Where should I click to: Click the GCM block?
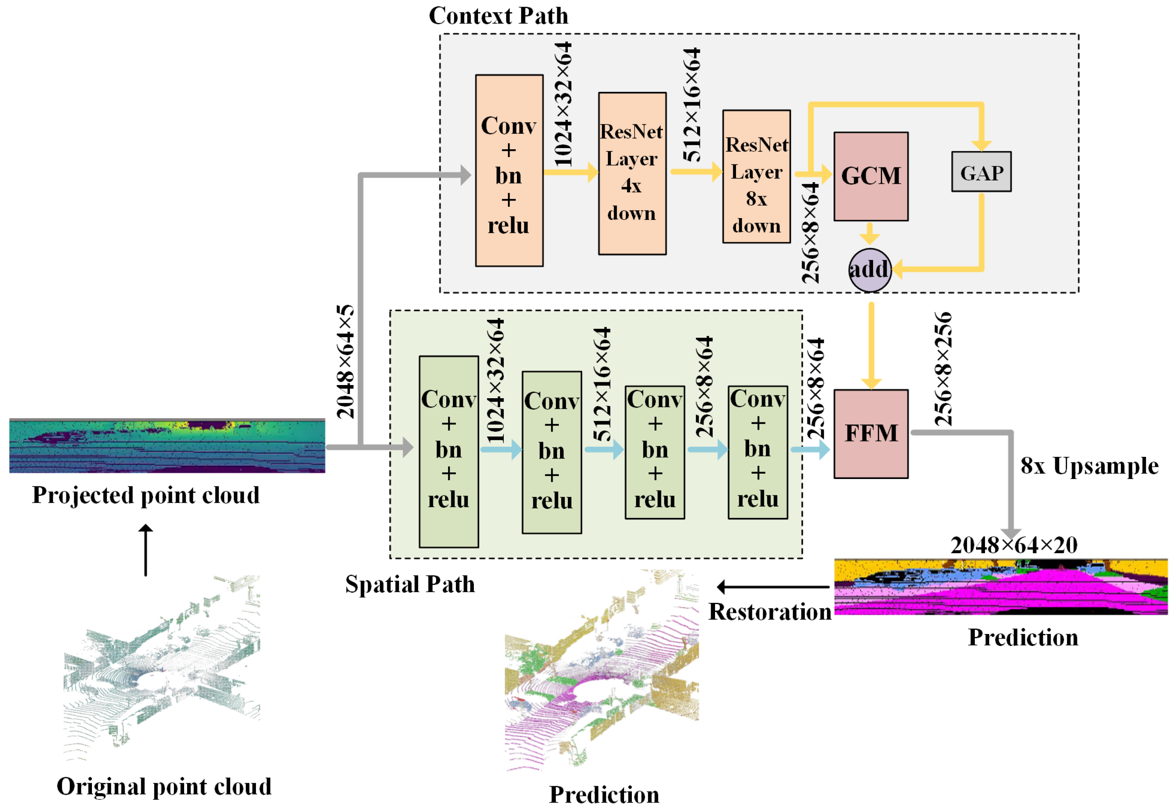coord(870,176)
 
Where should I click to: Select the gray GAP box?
coord(981,171)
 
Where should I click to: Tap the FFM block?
coord(870,433)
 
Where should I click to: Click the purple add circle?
coord(869,270)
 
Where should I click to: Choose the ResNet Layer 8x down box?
coord(756,176)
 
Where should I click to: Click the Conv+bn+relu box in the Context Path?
coord(508,171)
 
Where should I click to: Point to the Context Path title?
coord(498,16)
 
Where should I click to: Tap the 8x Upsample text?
coord(1089,465)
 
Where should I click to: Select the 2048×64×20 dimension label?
coord(1013,545)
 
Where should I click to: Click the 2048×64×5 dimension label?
coord(345,361)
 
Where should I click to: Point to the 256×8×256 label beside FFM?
coord(942,369)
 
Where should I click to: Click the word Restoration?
coord(769,611)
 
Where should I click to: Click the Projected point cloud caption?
coord(146,495)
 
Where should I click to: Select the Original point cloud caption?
coord(163,786)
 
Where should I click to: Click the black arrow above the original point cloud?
coord(146,550)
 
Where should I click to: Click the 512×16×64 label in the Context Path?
coord(691,105)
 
